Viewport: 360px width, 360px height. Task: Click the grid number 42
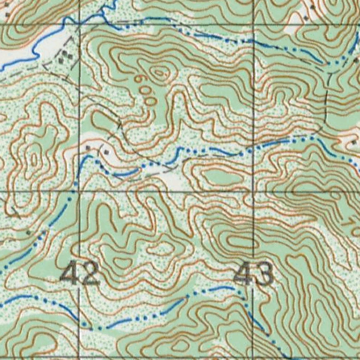(x=80, y=274)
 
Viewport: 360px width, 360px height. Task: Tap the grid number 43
(x=253, y=274)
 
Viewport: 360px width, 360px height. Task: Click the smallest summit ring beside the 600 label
(x=160, y=73)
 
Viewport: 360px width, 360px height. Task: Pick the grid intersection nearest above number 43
(x=253, y=192)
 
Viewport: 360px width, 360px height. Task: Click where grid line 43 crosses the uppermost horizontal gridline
(x=253, y=24)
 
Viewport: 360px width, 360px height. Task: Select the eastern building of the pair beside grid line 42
(x=105, y=152)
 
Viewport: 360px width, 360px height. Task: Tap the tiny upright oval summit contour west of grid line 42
(x=34, y=160)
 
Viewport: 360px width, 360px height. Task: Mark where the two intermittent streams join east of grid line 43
(x=318, y=140)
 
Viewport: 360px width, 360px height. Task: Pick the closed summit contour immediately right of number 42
(x=121, y=262)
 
